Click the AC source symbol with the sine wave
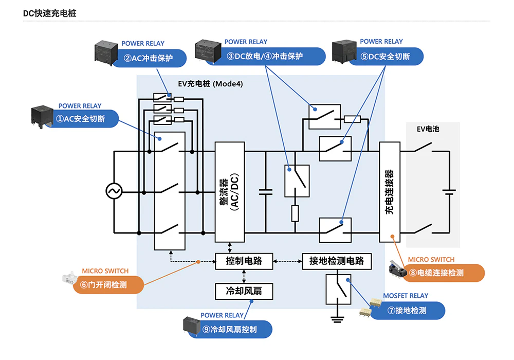click(114, 192)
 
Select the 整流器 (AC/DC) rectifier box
click(230, 192)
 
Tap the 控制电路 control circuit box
click(244, 261)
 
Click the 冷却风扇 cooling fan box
click(244, 291)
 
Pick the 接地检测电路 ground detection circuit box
click(336, 261)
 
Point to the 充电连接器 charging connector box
click(390, 192)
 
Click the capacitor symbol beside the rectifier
click(266, 192)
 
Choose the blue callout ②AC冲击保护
click(149, 58)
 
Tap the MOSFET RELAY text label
click(406, 296)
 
